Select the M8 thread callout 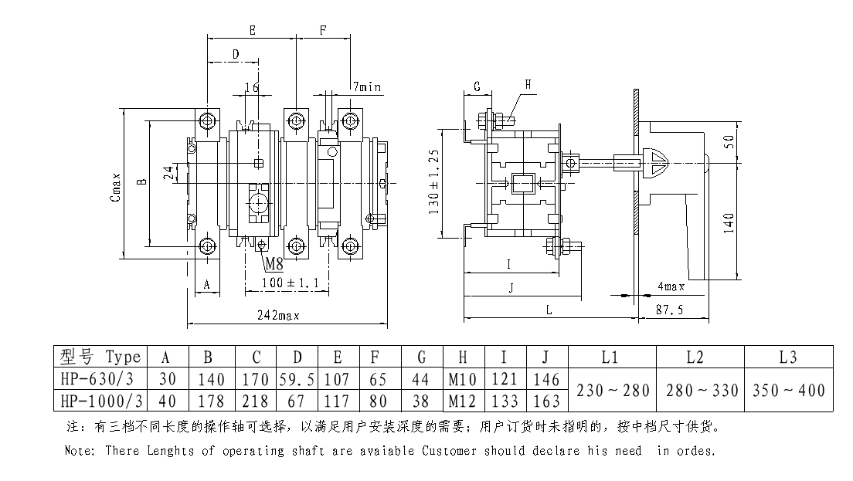click(274, 265)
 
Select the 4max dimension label click(670, 287)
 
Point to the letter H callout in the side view click(528, 84)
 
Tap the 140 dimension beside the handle click(730, 221)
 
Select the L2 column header click(700, 357)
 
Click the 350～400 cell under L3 click(789, 389)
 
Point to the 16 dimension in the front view click(251, 87)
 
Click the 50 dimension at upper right click(730, 142)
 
